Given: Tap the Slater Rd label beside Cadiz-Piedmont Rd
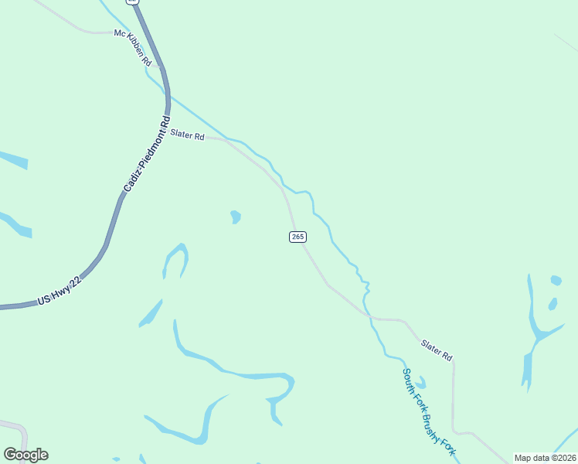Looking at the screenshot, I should pyautogui.click(x=187, y=136).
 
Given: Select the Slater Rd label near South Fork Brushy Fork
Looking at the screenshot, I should pyautogui.click(x=437, y=350).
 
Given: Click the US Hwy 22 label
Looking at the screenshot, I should pyautogui.click(x=59, y=293).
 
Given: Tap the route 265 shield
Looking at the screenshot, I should pyautogui.click(x=297, y=237).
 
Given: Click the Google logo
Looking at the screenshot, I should pyautogui.click(x=25, y=455).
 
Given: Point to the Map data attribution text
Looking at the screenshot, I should pyautogui.click(x=546, y=458).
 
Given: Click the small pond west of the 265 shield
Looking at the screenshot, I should pyautogui.click(x=235, y=217).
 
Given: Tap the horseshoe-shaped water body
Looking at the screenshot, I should pyautogui.click(x=175, y=259).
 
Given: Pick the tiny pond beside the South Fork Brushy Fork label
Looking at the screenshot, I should pyautogui.click(x=420, y=382).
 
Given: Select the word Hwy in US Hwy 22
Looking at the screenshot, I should pyautogui.click(x=59, y=295).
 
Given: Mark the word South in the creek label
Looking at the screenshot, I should pyautogui.click(x=408, y=380).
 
